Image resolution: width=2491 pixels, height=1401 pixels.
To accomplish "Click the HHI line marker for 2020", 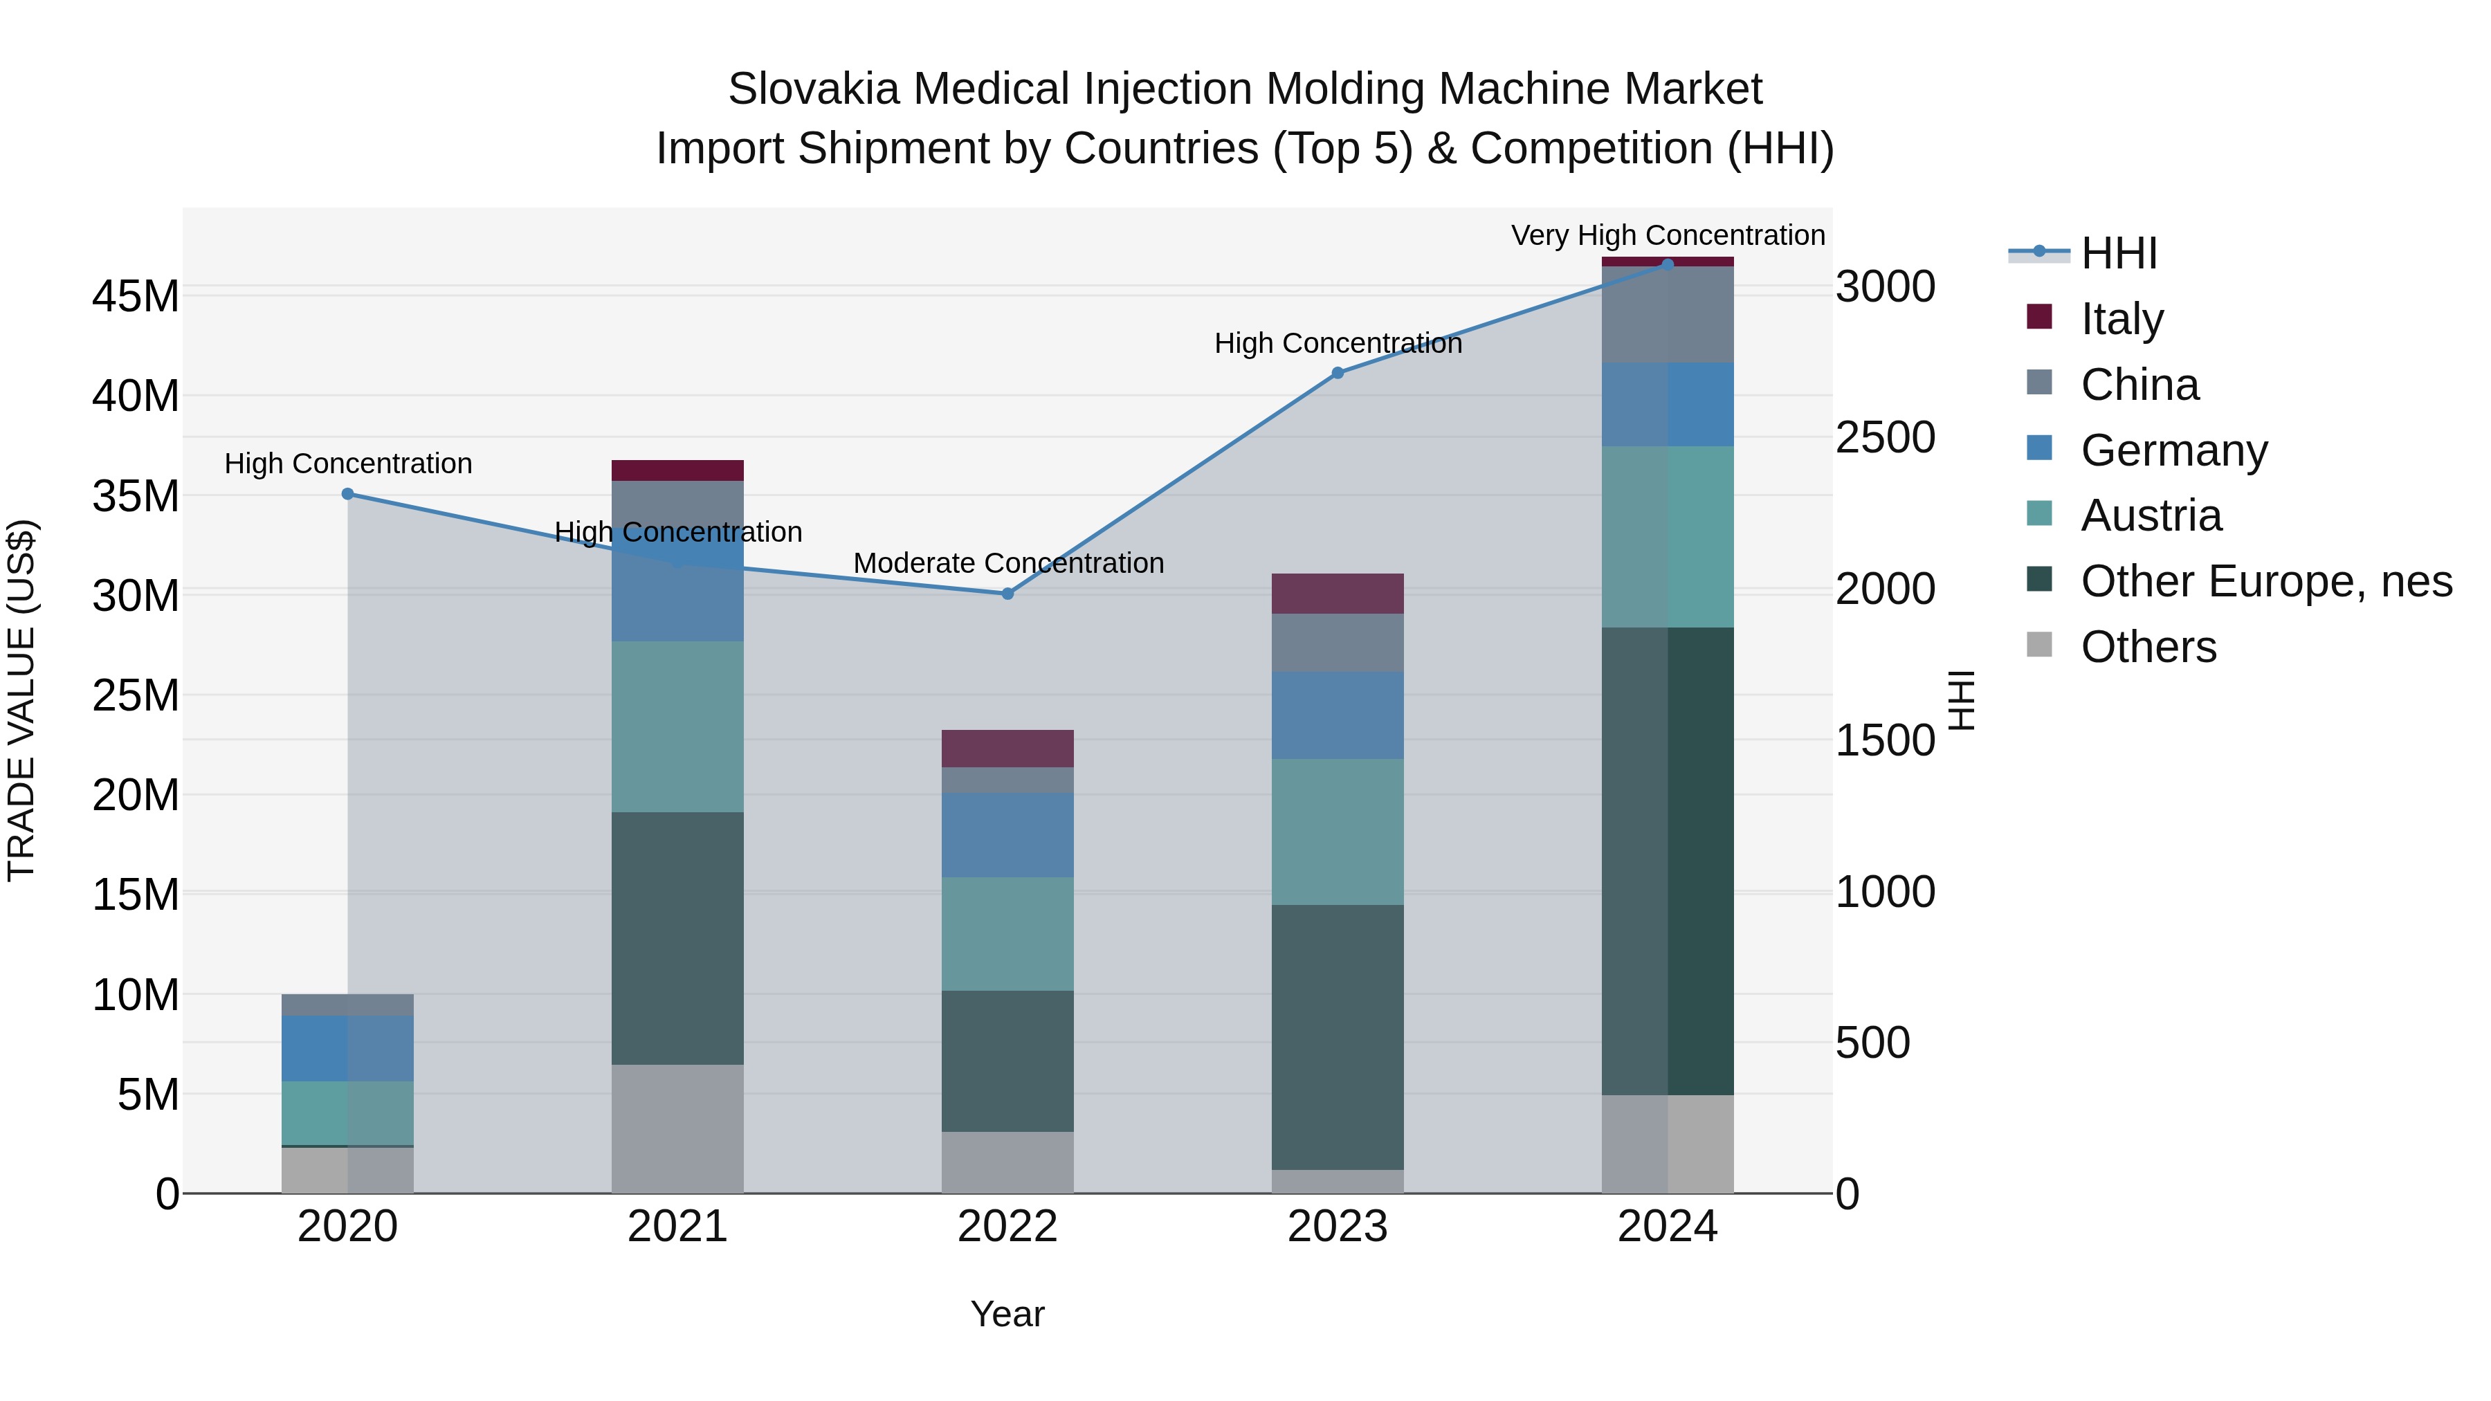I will pos(348,494).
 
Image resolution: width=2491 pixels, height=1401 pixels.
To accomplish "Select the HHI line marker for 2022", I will pos(1007,594).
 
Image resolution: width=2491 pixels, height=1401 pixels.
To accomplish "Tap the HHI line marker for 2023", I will pos(1338,373).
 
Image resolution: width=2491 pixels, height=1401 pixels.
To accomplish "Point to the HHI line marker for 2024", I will pos(1667,264).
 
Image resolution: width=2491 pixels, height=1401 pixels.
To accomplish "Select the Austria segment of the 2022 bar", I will pos(1007,934).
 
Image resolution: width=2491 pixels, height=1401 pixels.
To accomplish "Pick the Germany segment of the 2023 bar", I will pos(1338,715).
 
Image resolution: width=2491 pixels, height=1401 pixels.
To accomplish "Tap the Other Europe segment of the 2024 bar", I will pos(1667,861).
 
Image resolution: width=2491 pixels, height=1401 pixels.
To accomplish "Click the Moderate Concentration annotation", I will pos(1007,562).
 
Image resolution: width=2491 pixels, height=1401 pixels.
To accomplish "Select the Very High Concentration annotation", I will pos(1667,235).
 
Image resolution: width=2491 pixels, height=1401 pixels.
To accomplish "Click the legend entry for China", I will pos(2138,385).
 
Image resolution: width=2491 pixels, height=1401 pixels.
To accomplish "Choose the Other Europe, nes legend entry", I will pos(2265,581).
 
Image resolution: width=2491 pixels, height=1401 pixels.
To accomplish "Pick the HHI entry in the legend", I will pos(2118,253).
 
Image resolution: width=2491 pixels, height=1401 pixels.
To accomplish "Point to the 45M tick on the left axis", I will pos(136,296).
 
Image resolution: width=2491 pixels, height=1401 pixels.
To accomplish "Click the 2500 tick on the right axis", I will pos(1885,438).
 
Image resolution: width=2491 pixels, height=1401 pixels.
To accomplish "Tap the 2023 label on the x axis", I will pos(1338,1227).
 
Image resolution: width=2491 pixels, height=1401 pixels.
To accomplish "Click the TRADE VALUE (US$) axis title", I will pos(21,700).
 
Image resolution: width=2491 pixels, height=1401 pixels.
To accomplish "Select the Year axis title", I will pos(1007,1314).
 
